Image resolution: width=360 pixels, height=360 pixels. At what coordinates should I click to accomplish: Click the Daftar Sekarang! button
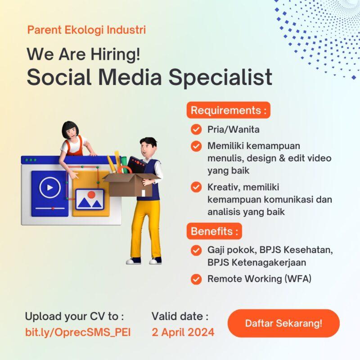283,323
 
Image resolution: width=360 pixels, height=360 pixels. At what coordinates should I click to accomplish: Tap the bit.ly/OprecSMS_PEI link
78,333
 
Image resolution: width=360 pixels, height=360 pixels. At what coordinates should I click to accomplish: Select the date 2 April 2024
183,333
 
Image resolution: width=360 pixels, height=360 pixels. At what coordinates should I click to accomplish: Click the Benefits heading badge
214,231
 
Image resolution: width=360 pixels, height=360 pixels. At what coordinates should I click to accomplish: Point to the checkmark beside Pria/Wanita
196,130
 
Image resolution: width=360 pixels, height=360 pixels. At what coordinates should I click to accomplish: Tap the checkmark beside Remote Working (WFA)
196,279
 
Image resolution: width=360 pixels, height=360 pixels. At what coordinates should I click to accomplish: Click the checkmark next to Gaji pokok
196,250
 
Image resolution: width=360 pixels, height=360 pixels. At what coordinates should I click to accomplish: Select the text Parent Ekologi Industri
86,31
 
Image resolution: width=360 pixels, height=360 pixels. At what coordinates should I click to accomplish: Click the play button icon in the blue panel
49,187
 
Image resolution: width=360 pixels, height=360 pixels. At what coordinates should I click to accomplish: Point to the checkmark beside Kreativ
196,187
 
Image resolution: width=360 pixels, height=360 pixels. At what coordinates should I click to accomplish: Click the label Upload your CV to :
74,315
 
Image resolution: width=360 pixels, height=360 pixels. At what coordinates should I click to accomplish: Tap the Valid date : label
180,315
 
